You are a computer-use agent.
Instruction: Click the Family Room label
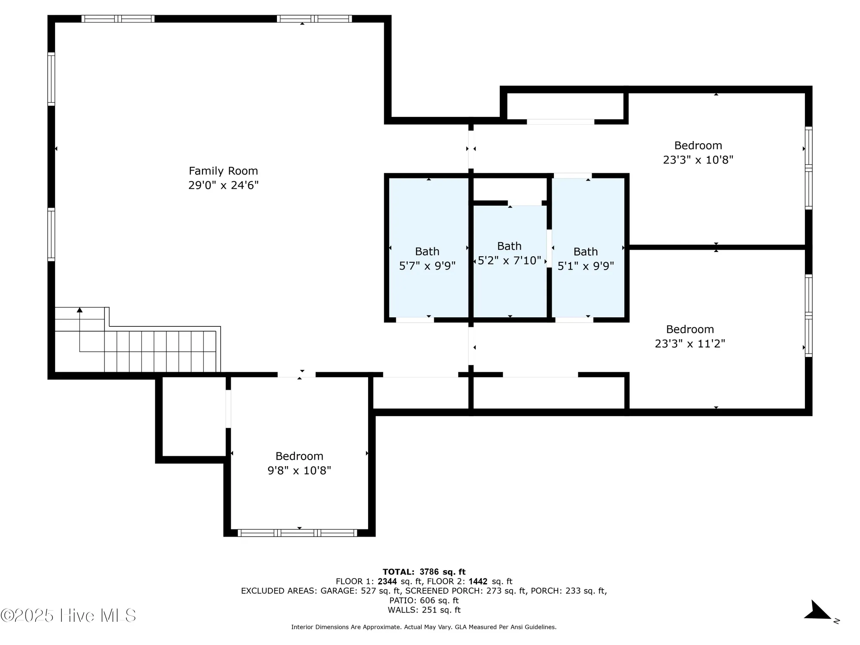(223, 171)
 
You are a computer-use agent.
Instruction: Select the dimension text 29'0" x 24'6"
(223, 185)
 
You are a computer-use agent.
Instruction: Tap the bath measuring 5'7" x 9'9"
(427, 258)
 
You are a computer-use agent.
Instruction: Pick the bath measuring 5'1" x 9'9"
(586, 258)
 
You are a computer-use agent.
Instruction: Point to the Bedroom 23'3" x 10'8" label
(698, 152)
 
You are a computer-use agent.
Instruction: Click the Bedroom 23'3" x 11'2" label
(690, 336)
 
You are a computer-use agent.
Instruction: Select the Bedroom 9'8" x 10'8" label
(299, 463)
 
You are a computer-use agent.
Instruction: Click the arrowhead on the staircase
(80, 310)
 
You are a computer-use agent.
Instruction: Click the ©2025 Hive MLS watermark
(68, 615)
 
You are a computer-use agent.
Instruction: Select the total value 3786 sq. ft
(442, 572)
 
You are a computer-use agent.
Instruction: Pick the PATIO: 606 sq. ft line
(424, 600)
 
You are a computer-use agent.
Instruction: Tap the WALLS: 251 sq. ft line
(424, 610)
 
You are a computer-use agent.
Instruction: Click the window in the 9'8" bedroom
(298, 533)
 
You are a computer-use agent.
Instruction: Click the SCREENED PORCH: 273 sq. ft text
(465, 591)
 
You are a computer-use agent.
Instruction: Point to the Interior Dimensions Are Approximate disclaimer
(424, 627)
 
